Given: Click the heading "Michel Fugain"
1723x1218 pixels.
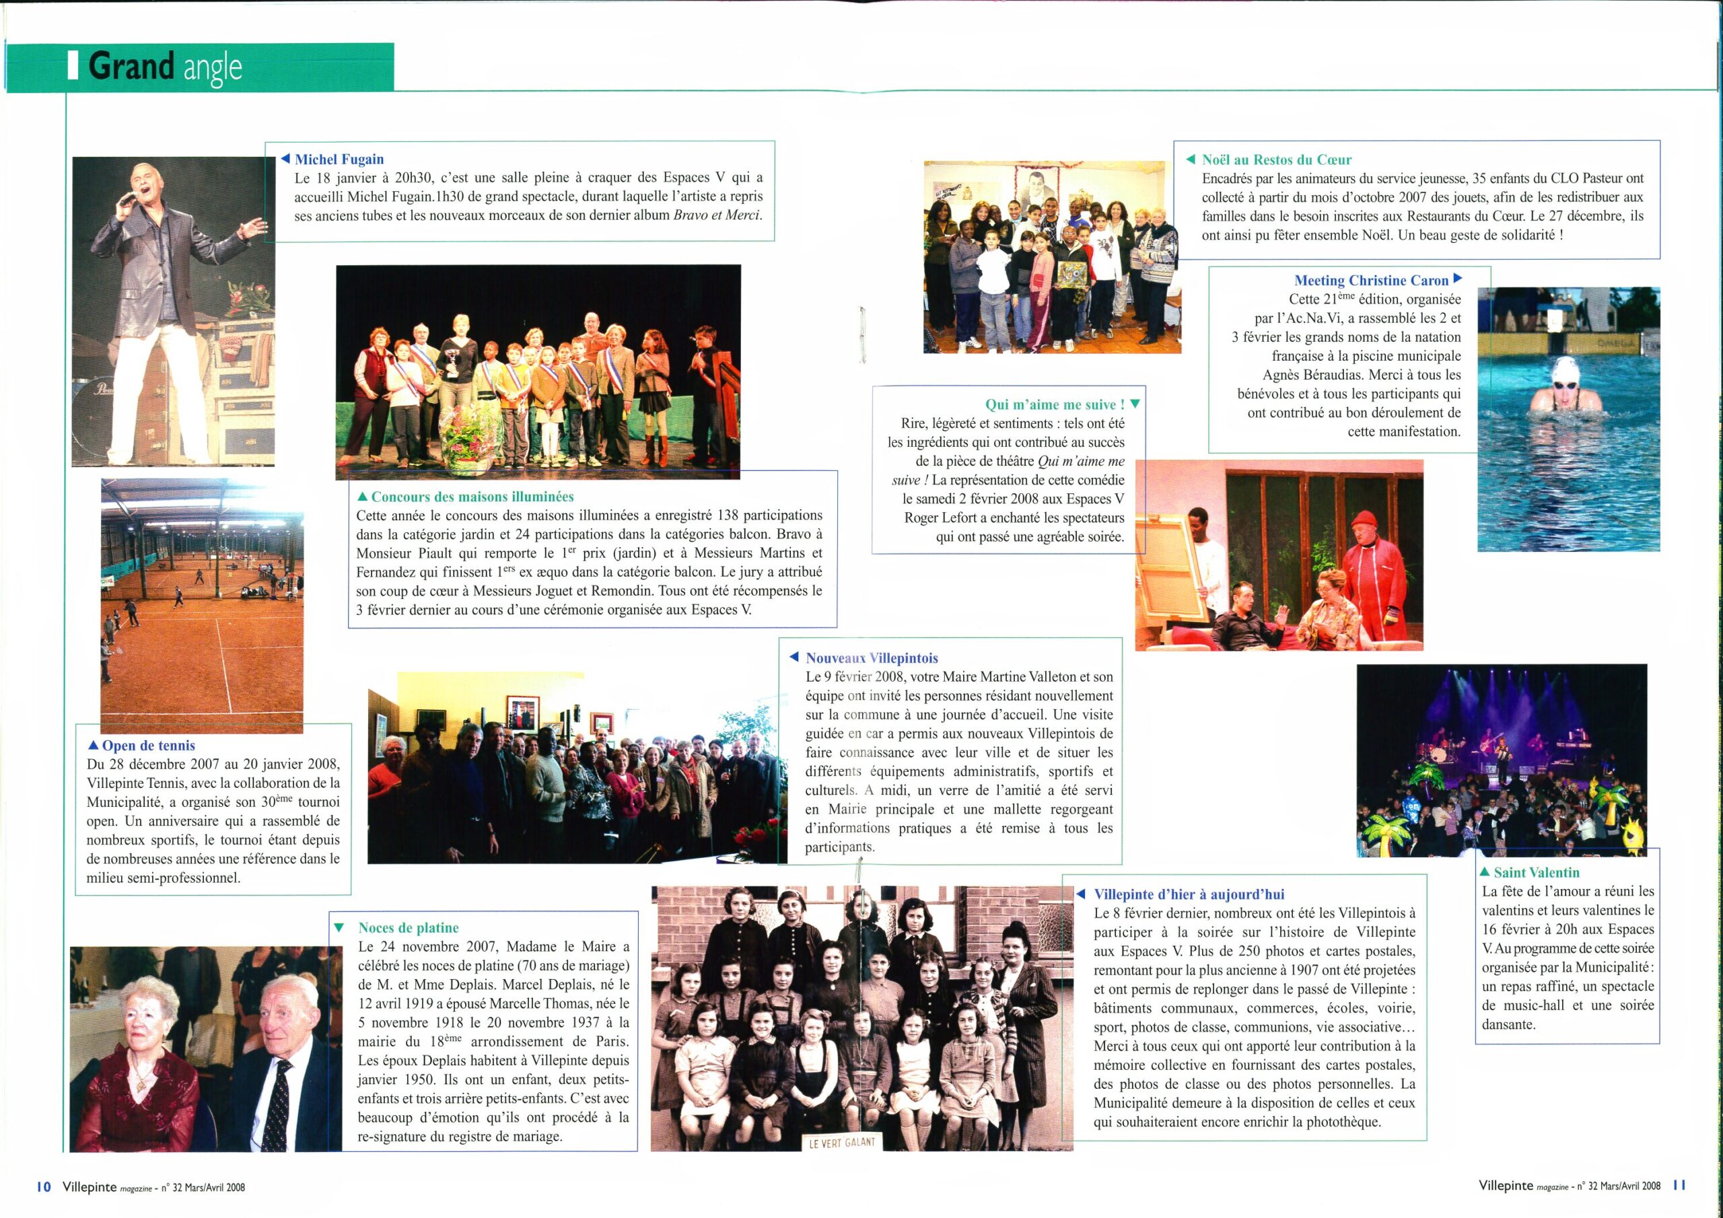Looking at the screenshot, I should click(x=339, y=159).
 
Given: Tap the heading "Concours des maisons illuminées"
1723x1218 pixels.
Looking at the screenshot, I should click(x=472, y=497).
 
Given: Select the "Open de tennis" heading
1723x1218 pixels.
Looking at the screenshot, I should click(x=149, y=745).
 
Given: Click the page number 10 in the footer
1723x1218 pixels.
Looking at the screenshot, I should click(x=44, y=1186).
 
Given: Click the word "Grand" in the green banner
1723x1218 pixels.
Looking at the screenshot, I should click(x=131, y=67).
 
